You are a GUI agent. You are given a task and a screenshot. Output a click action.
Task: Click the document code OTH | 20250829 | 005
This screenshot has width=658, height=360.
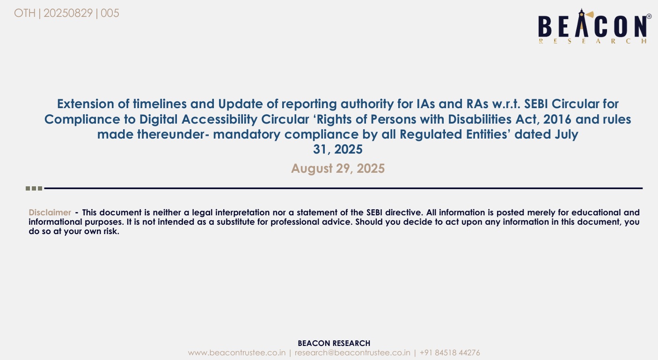pos(66,13)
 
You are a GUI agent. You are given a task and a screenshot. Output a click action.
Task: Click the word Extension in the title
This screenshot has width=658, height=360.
pos(86,104)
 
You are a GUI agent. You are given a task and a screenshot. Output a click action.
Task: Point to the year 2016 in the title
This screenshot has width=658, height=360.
pos(557,119)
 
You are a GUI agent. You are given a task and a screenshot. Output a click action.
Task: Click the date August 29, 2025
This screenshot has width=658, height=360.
pos(338,169)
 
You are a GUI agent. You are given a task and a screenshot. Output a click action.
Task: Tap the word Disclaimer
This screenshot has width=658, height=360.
pos(50,212)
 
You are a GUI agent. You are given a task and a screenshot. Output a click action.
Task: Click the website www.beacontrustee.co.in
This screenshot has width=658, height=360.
pos(237,353)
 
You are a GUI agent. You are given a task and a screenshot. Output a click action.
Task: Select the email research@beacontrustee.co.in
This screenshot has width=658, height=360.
pos(352,353)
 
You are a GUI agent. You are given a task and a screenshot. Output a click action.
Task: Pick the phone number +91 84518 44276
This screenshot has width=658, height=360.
pos(450,353)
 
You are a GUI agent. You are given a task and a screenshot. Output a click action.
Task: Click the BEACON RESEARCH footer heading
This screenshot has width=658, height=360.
pos(334,343)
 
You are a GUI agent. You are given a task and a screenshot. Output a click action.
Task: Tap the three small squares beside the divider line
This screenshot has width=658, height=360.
pos(34,188)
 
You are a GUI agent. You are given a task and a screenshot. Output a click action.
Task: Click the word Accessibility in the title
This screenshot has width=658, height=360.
pos(219,119)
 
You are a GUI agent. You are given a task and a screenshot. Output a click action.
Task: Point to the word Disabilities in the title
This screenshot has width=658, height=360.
pos(480,119)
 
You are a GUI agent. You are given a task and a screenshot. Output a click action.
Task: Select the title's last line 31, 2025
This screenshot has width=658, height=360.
pos(338,149)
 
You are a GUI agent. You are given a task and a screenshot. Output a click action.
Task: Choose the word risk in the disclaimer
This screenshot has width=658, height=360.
pos(111,231)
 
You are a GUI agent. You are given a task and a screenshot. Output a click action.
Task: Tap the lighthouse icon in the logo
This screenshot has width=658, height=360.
pos(582,23)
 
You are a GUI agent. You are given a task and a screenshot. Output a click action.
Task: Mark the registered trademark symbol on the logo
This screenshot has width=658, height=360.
pos(649,16)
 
